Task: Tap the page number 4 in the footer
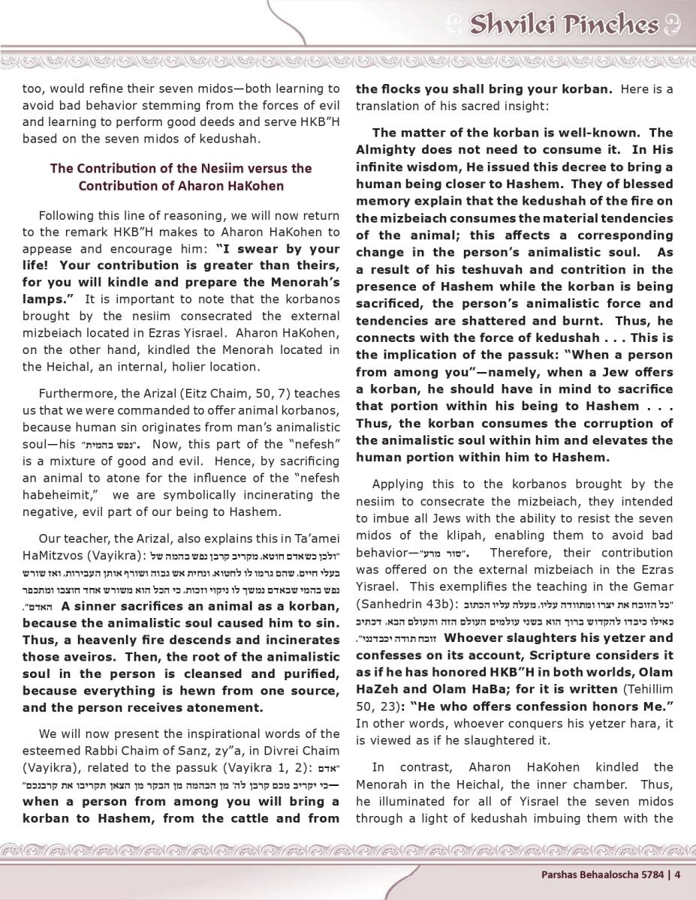(677, 873)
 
